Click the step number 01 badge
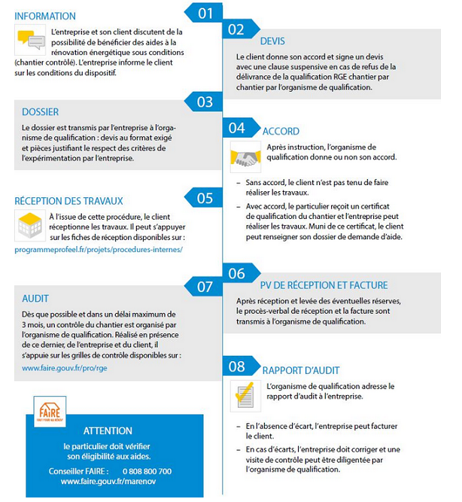(x=205, y=13)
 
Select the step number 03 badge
(x=205, y=102)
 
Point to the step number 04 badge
(x=238, y=128)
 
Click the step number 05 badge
(x=205, y=199)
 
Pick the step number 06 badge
(x=237, y=274)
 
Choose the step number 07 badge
(x=205, y=287)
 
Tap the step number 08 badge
(x=237, y=367)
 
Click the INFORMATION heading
(x=45, y=16)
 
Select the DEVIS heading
(x=272, y=41)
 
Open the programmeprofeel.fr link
(x=99, y=248)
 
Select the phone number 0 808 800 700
(x=147, y=471)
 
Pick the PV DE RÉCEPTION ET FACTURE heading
(x=324, y=285)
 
